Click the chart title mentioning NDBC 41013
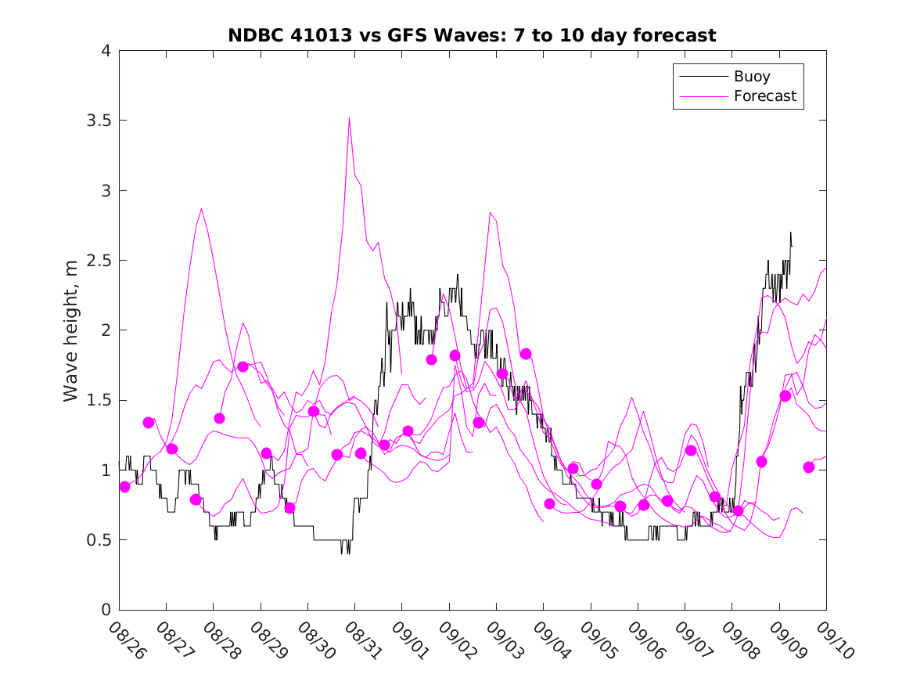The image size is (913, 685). [472, 35]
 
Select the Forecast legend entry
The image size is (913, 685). [764, 96]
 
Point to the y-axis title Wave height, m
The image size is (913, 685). [71, 331]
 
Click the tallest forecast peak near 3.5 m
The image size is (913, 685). [349, 117]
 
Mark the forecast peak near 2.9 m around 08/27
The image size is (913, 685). [201, 209]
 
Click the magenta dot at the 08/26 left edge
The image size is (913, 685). [124, 487]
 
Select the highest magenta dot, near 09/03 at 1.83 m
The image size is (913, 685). [526, 354]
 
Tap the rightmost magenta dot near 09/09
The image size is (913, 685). [809, 467]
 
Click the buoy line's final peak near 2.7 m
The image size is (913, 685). [790, 233]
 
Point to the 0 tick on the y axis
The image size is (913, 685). [106, 610]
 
